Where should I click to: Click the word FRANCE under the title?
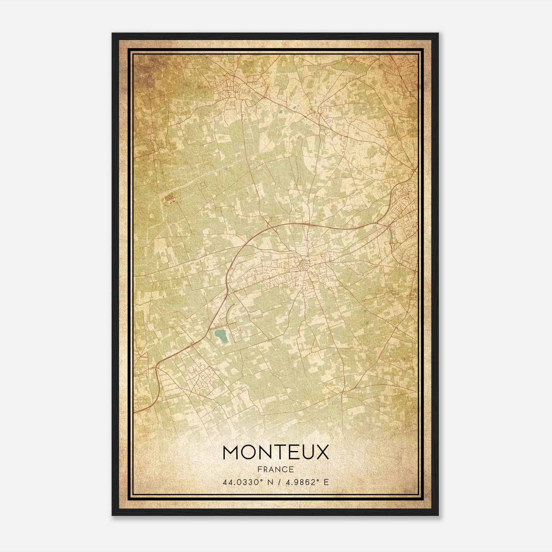click(275, 469)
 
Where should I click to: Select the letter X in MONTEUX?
click(322, 452)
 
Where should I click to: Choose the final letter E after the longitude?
click(326, 482)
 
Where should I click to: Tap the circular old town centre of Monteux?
click(304, 265)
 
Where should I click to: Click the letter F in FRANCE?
click(259, 469)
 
